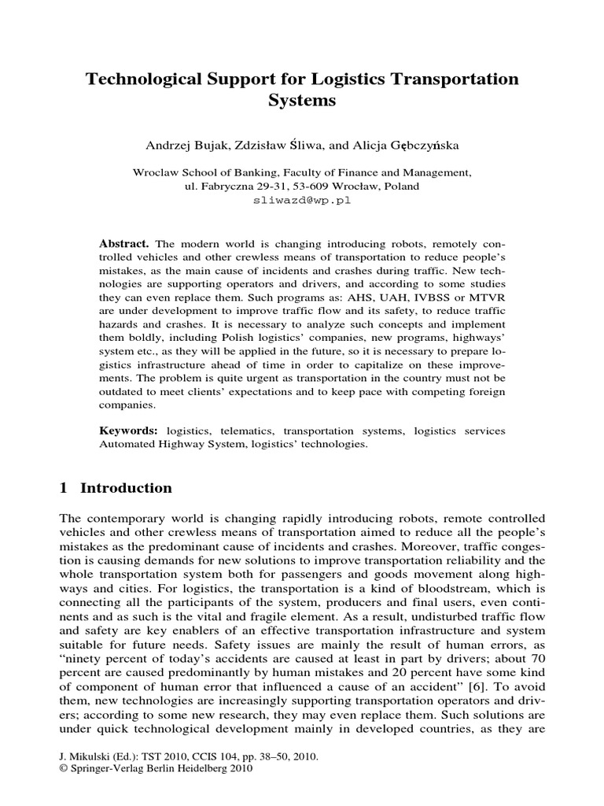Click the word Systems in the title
pos(302,102)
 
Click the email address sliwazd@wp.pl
pos(302,201)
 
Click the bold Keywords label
pos(128,431)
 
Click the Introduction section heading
pos(126,488)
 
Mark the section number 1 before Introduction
pos(64,488)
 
